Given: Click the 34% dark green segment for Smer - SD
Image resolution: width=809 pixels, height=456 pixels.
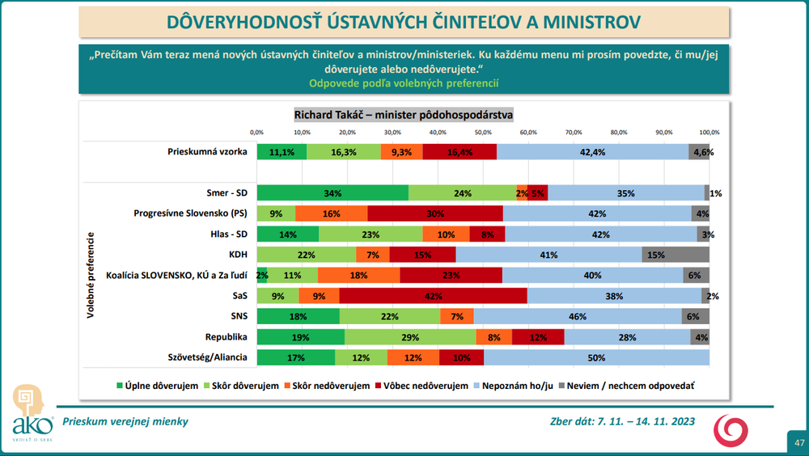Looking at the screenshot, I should [x=332, y=193].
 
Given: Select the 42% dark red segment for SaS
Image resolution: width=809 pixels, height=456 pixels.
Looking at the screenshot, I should [x=433, y=296].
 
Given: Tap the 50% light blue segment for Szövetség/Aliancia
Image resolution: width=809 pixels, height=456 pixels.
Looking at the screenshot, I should [x=596, y=357].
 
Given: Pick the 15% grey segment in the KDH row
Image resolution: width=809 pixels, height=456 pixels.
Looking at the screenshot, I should [x=676, y=255].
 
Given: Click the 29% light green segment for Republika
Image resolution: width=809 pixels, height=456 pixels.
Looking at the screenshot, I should [x=410, y=337].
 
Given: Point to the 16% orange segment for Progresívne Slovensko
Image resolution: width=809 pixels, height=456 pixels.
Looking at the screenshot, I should [x=331, y=213].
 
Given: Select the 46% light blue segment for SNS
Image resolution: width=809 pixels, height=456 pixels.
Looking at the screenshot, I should [x=578, y=316].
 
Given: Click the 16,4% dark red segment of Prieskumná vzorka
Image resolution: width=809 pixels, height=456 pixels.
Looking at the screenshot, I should [x=460, y=152].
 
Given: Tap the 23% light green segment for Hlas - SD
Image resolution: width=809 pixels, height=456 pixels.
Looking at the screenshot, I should [x=371, y=234].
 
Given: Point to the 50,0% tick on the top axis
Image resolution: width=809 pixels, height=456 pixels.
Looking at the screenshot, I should [x=483, y=132].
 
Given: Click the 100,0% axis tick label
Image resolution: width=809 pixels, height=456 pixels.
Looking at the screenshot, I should [x=709, y=132].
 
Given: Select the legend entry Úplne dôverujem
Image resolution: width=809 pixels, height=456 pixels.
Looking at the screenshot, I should [x=159, y=386].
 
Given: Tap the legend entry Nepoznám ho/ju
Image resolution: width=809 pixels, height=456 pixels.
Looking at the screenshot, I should [x=514, y=386].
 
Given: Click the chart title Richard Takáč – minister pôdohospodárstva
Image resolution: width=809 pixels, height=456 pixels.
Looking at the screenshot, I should [x=404, y=115].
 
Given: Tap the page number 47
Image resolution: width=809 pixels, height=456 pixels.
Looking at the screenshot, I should [x=798, y=442].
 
